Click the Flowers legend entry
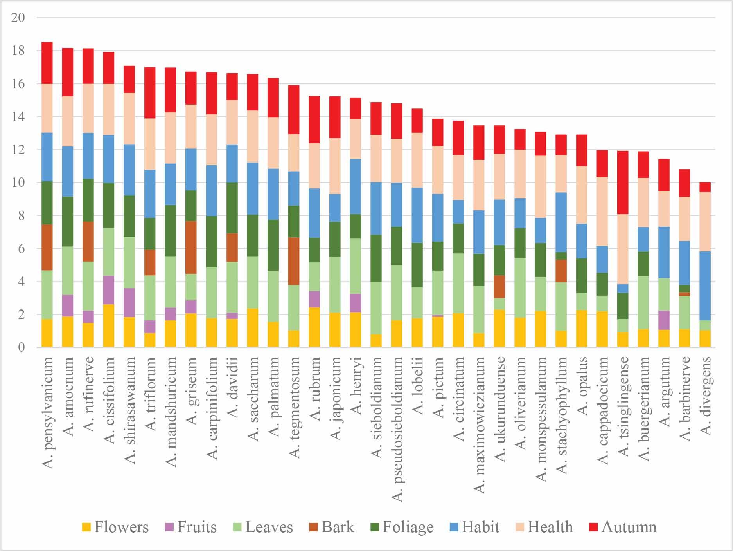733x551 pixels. [116, 527]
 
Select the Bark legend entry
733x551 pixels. [332, 527]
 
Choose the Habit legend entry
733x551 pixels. [475, 527]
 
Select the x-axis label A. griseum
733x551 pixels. [191, 390]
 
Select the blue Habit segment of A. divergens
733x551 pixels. [705, 286]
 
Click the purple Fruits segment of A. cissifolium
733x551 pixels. [109, 290]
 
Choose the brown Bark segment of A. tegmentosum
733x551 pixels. [294, 261]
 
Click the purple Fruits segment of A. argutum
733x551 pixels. [664, 320]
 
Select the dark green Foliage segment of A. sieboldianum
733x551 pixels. [376, 258]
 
